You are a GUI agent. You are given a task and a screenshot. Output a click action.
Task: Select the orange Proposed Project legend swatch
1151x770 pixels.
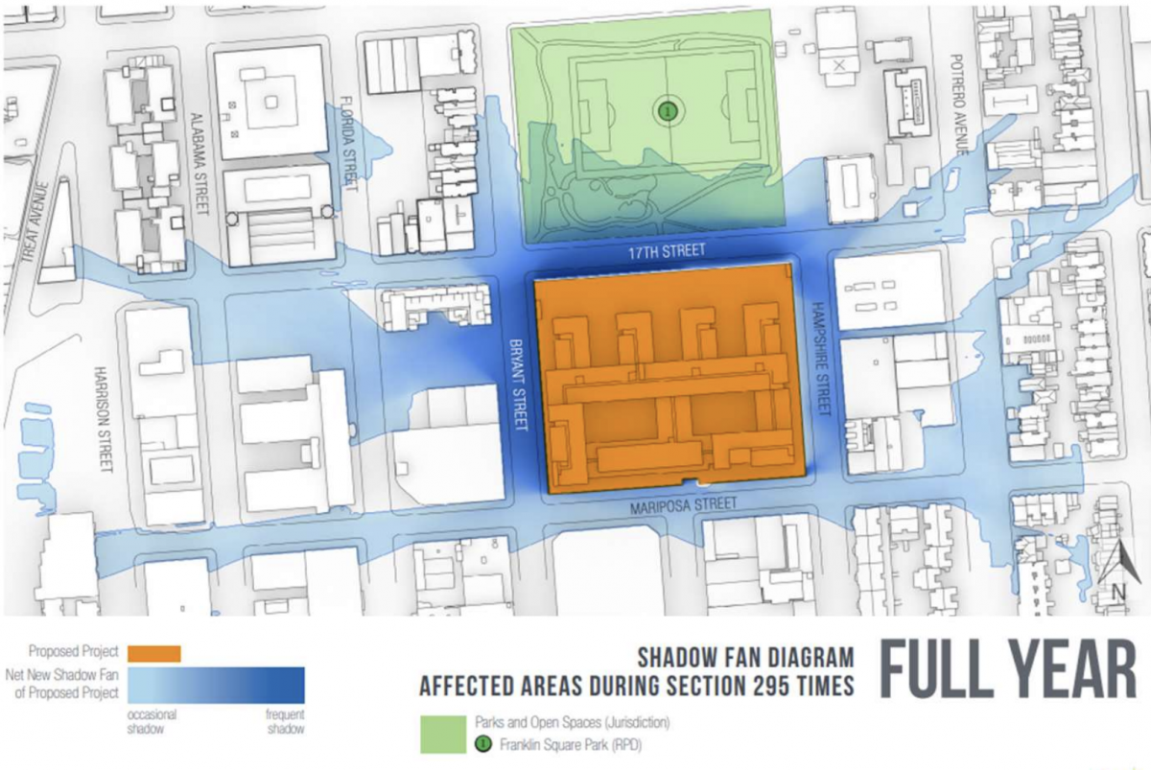coord(153,653)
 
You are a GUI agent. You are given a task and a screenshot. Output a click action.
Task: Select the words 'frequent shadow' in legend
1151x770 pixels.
coord(284,720)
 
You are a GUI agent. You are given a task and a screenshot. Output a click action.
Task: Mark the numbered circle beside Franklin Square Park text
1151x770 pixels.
coord(482,743)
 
